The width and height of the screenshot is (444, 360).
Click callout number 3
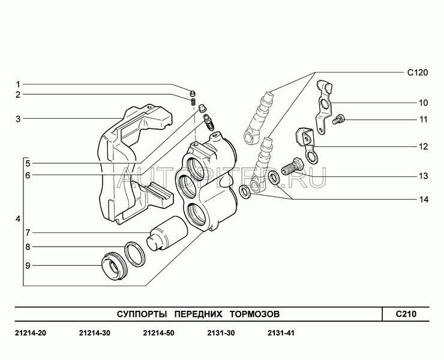(18, 119)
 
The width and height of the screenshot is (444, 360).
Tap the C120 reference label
(418, 73)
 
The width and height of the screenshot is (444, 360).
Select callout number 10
(424, 103)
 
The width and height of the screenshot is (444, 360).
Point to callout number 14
(424, 199)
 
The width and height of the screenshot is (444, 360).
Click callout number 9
(28, 266)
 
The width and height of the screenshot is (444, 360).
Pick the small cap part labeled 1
(193, 92)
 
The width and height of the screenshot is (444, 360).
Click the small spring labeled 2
(193, 101)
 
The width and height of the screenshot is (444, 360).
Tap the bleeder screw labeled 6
(209, 122)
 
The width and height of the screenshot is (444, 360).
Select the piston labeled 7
(167, 234)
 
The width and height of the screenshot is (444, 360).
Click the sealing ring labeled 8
(135, 254)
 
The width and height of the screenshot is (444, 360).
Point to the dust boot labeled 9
(113, 266)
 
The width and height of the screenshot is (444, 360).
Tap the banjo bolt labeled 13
(293, 167)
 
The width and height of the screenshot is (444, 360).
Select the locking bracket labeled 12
(307, 145)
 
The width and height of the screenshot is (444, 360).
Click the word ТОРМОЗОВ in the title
(254, 314)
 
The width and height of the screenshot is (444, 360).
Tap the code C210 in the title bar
(406, 314)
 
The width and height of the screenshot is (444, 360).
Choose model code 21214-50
(158, 333)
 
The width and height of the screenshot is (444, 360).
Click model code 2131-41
(281, 333)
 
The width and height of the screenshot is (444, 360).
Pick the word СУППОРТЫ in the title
(142, 314)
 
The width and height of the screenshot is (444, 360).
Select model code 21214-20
(30, 333)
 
